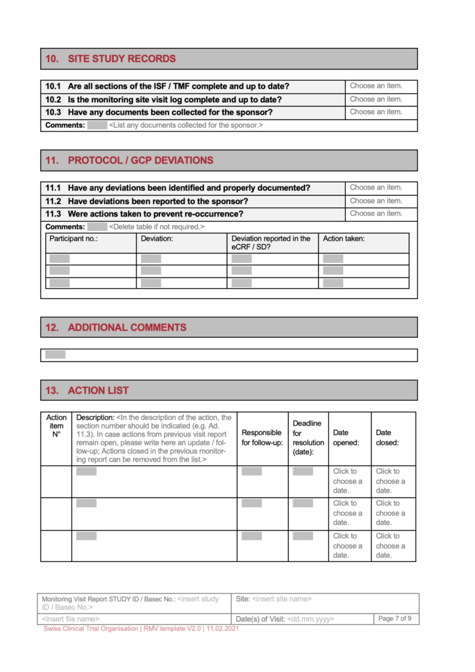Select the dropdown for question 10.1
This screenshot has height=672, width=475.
pos(376,86)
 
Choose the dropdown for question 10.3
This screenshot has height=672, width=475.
pos(376,112)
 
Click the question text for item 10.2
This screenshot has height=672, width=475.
pos(175,100)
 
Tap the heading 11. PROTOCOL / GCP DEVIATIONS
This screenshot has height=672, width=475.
pos(140,161)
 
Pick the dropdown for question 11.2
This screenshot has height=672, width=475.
pos(376,201)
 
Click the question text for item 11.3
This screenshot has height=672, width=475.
pos(155,214)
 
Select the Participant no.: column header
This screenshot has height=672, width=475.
pos(73,239)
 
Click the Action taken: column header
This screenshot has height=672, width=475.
pos(344,239)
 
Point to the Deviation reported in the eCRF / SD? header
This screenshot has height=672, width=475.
pos(271,243)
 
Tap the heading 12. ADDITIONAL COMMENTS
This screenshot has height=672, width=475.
pos(127,327)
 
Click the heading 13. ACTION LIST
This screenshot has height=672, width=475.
pos(98,390)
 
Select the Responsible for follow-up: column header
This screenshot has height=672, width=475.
pos(262,438)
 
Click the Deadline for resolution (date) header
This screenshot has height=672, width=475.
pos(308,438)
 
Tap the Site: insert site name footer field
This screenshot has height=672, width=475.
pos(282,598)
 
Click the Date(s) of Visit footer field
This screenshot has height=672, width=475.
pos(285,619)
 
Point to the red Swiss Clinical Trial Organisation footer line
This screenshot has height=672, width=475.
pos(141,629)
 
